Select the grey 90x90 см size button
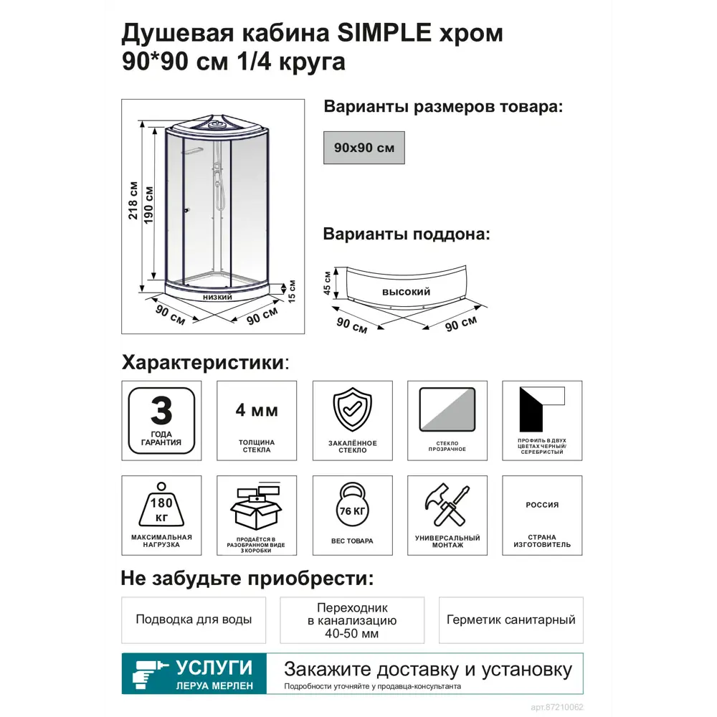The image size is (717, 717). [x=364, y=148]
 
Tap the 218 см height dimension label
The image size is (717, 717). [x=133, y=200]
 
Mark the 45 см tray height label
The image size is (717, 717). [x=327, y=283]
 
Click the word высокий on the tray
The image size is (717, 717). [x=406, y=292]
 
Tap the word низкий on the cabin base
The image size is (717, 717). [x=217, y=297]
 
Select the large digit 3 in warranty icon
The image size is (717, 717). [x=161, y=412]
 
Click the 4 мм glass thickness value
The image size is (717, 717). [x=257, y=411]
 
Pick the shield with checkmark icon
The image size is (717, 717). [x=352, y=409]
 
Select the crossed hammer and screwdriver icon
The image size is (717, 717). [x=447, y=506]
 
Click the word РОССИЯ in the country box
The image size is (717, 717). [x=542, y=505]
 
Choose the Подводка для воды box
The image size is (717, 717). [x=194, y=619]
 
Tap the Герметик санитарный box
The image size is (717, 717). [x=511, y=619]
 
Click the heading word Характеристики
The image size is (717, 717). [x=202, y=361]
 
